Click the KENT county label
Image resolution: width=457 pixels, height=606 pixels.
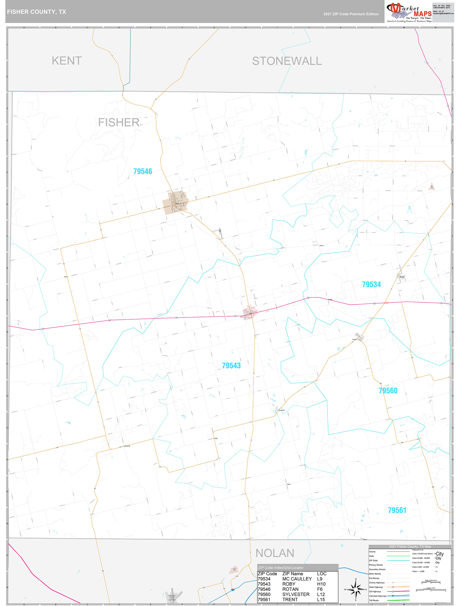[67, 61]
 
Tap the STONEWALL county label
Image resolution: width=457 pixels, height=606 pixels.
[287, 61]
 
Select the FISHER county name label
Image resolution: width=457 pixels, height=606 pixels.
[119, 122]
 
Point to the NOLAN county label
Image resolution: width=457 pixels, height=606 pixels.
[275, 553]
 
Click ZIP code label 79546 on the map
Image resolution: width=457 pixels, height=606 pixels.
[142, 172]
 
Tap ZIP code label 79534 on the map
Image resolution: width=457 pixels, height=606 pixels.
[371, 285]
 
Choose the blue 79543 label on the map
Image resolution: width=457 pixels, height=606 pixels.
[231, 366]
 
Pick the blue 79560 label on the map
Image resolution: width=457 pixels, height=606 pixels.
[388, 391]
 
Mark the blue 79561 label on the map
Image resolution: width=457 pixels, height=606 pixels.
[397, 510]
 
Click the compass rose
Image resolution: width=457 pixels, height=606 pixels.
[355, 589]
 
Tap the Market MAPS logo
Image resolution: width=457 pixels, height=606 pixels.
[409, 12]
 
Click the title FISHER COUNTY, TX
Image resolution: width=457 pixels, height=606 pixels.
[36, 12]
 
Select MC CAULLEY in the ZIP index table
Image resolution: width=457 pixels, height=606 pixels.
[297, 579]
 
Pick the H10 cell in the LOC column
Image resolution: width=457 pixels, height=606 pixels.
[321, 584]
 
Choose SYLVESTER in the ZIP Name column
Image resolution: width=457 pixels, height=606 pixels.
[296, 595]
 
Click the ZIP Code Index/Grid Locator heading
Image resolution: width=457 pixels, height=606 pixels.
[281, 568]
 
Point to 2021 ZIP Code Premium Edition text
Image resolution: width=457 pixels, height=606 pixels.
[351, 14]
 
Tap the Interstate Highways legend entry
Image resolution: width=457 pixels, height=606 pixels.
[378, 596]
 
